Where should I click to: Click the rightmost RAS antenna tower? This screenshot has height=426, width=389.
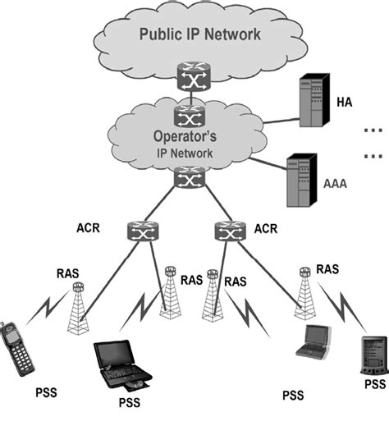click(304, 293)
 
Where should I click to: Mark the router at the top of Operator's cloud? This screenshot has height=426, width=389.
click(189, 110)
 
